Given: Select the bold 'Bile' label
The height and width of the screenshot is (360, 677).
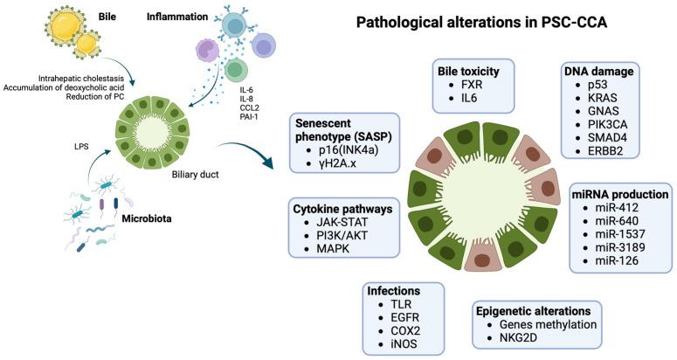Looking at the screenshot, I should click(x=107, y=16).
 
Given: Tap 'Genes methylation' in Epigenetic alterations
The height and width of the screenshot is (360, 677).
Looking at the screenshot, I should click(x=548, y=323).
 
